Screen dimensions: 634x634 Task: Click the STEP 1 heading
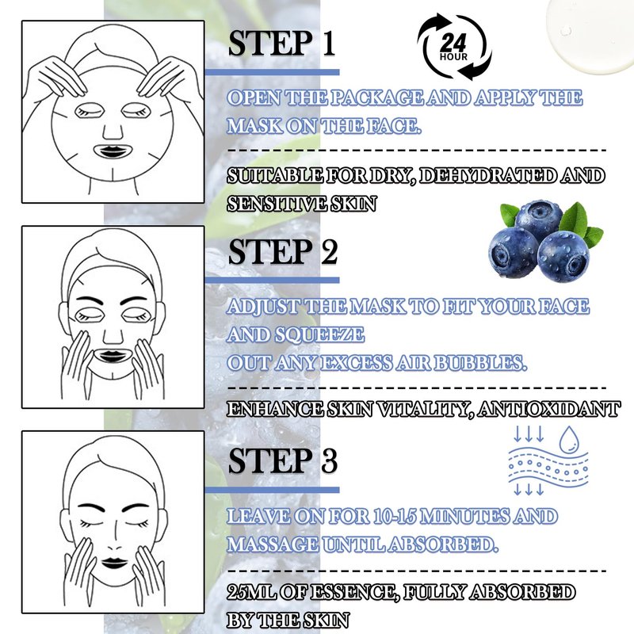pyautogui.click(x=282, y=43)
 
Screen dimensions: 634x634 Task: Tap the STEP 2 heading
pyautogui.click(x=283, y=251)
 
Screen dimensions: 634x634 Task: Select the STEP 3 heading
pyautogui.click(x=283, y=460)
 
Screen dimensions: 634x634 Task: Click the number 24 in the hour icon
pyautogui.click(x=453, y=42)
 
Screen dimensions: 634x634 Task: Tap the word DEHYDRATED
pyautogui.click(x=488, y=175)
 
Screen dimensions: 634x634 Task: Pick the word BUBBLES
pyautogui.click(x=481, y=363)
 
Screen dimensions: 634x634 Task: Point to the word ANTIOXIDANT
pyautogui.click(x=548, y=409)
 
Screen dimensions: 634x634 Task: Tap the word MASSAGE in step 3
pyautogui.click(x=273, y=544)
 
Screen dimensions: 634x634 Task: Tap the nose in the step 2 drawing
pyautogui.click(x=113, y=334)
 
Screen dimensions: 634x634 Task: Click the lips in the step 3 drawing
pyautogui.click(x=114, y=563)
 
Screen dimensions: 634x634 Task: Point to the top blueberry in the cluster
pyautogui.click(x=538, y=220)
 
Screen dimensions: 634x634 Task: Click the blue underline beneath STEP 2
pyautogui.click(x=272, y=281)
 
